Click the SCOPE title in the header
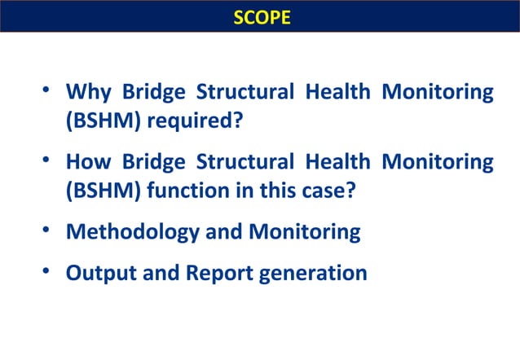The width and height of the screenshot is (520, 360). pyautogui.click(x=260, y=17)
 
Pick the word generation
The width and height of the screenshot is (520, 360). pyautogui.click(x=313, y=273)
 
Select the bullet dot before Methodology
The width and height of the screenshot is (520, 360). pyautogui.click(x=49, y=231)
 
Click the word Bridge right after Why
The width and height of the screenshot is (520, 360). pyautogui.click(x=145, y=91)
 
